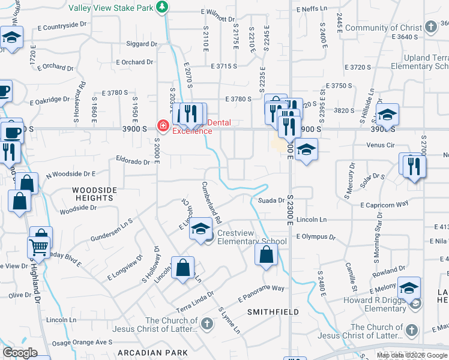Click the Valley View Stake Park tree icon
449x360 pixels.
[161, 7]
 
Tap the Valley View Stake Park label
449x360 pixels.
[110, 7]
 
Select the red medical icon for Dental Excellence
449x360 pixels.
[162, 125]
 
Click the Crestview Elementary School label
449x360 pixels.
[252, 237]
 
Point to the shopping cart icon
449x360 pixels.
[39, 247]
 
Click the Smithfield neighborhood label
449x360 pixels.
[268, 312]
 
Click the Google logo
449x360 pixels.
[20, 353]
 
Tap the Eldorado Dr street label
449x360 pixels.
[133, 161]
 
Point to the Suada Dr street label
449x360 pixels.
[271, 200]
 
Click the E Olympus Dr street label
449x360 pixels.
[316, 237]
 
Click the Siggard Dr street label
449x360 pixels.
[142, 44]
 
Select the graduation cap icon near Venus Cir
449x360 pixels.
[306, 150]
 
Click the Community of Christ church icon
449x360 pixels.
[430, 27]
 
